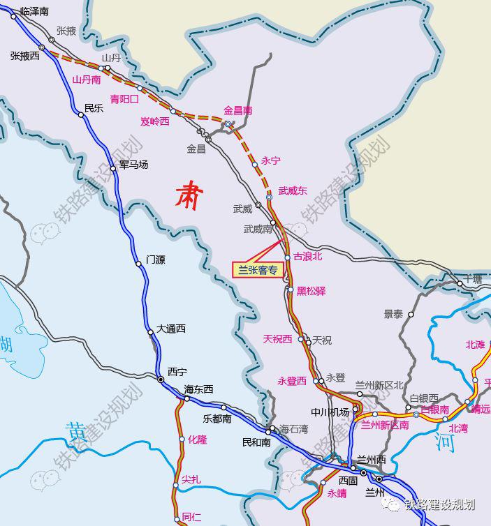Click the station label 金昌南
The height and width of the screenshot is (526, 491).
coord(237,110)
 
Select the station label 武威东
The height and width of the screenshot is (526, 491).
coord(293,190)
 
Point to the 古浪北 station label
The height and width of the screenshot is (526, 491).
coord(308,256)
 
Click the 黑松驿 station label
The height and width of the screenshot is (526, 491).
coord(311,291)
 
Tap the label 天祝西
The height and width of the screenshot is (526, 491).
coord(277,339)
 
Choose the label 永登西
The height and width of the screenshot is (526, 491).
coord(292,381)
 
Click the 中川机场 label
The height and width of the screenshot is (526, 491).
coord(330,412)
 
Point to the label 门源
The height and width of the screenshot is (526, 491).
coord(156,260)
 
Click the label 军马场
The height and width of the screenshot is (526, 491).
coord(133,165)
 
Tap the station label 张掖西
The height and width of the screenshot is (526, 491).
coord(25,55)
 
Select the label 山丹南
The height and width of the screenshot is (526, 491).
coord(87,80)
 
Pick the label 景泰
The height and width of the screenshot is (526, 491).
coord(393,314)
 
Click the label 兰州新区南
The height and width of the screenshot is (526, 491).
coord(385,425)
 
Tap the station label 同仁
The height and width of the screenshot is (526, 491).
coord(191,517)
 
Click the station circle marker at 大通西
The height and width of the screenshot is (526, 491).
coord(150,332)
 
